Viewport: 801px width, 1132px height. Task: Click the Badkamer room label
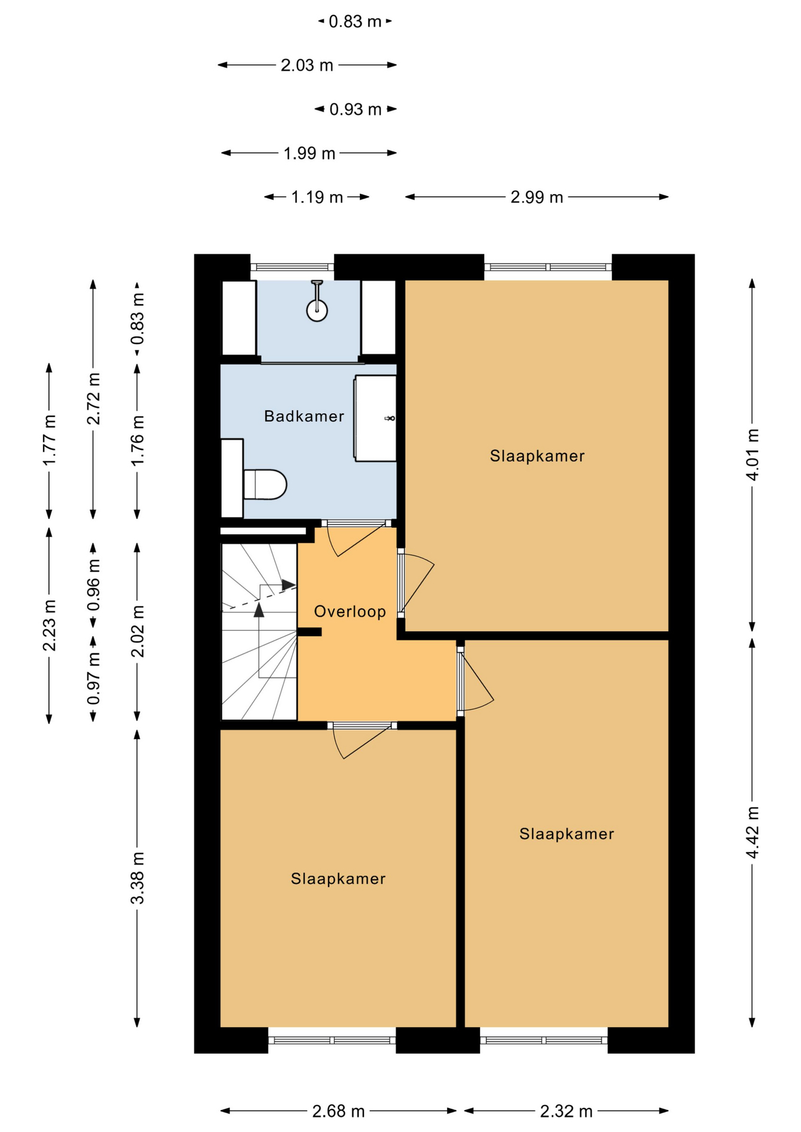pos(304,416)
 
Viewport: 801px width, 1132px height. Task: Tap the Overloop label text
pos(350,611)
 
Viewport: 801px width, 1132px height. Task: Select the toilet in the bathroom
pos(265,484)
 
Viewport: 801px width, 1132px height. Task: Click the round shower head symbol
pos(317,310)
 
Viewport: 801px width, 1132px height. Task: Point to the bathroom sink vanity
pos(375,418)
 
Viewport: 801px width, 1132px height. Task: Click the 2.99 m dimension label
pos(537,197)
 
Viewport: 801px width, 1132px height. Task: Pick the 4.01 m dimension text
pos(752,455)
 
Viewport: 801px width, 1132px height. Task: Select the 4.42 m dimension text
pos(752,832)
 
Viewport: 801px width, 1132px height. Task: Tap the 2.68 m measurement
pos(339,1111)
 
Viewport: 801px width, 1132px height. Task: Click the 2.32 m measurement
pos(566,1111)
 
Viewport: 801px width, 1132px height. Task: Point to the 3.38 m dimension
pos(137,878)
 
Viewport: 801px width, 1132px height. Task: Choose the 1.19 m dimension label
pos(317,197)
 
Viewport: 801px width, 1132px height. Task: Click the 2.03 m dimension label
pos(307,65)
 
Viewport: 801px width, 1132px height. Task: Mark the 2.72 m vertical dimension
pos(93,399)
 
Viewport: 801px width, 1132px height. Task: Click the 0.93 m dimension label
pos(355,109)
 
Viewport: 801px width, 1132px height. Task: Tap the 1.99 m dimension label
pos(309,153)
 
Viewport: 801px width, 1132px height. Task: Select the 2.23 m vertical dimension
pos(49,625)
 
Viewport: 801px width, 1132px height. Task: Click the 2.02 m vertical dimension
pos(137,631)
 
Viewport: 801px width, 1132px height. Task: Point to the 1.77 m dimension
pos(49,440)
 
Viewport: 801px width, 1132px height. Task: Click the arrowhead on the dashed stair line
pos(288,585)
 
